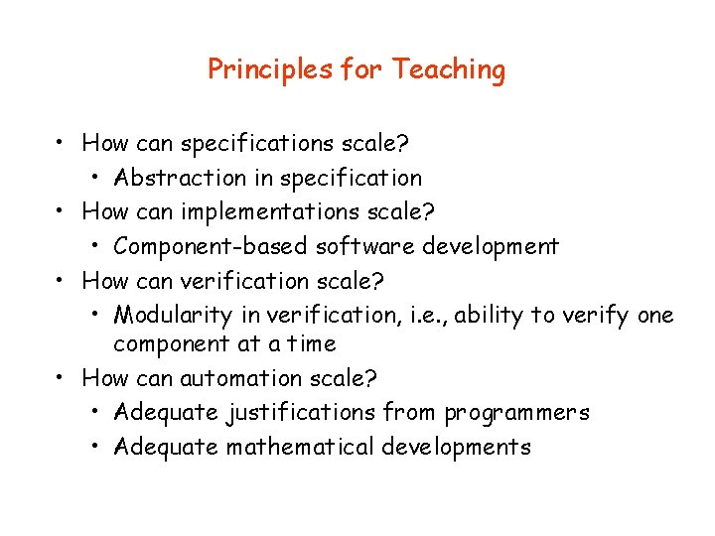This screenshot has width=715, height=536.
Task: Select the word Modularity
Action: tap(174, 316)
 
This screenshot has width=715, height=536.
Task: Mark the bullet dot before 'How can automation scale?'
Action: tap(62, 378)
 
